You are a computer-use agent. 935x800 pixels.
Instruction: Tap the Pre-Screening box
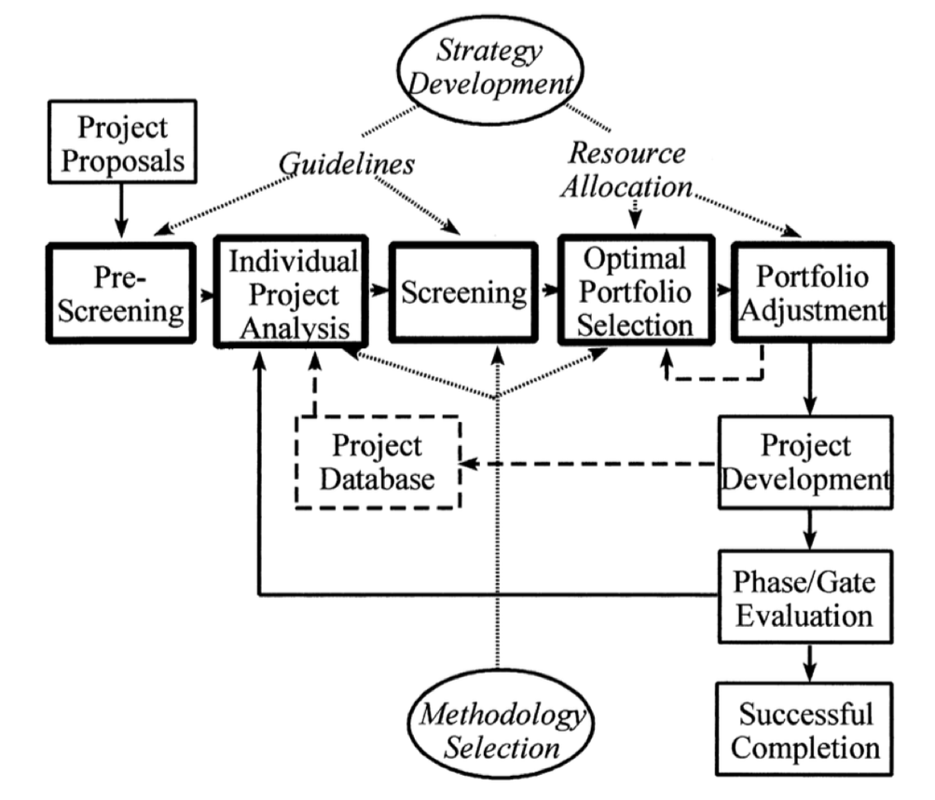(x=119, y=293)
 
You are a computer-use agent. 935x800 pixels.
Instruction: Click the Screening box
(x=463, y=293)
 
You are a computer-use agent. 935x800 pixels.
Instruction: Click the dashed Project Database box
(x=378, y=462)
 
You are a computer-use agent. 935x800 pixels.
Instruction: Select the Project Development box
(x=804, y=462)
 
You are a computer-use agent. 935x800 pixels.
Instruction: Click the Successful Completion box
(x=804, y=730)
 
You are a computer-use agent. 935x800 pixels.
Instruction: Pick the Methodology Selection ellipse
(x=503, y=732)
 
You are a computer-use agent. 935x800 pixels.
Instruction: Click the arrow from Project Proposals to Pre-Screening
(x=119, y=214)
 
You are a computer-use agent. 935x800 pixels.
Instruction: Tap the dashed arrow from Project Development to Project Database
(x=587, y=463)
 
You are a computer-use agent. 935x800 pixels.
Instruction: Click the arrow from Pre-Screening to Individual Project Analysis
(x=203, y=294)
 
